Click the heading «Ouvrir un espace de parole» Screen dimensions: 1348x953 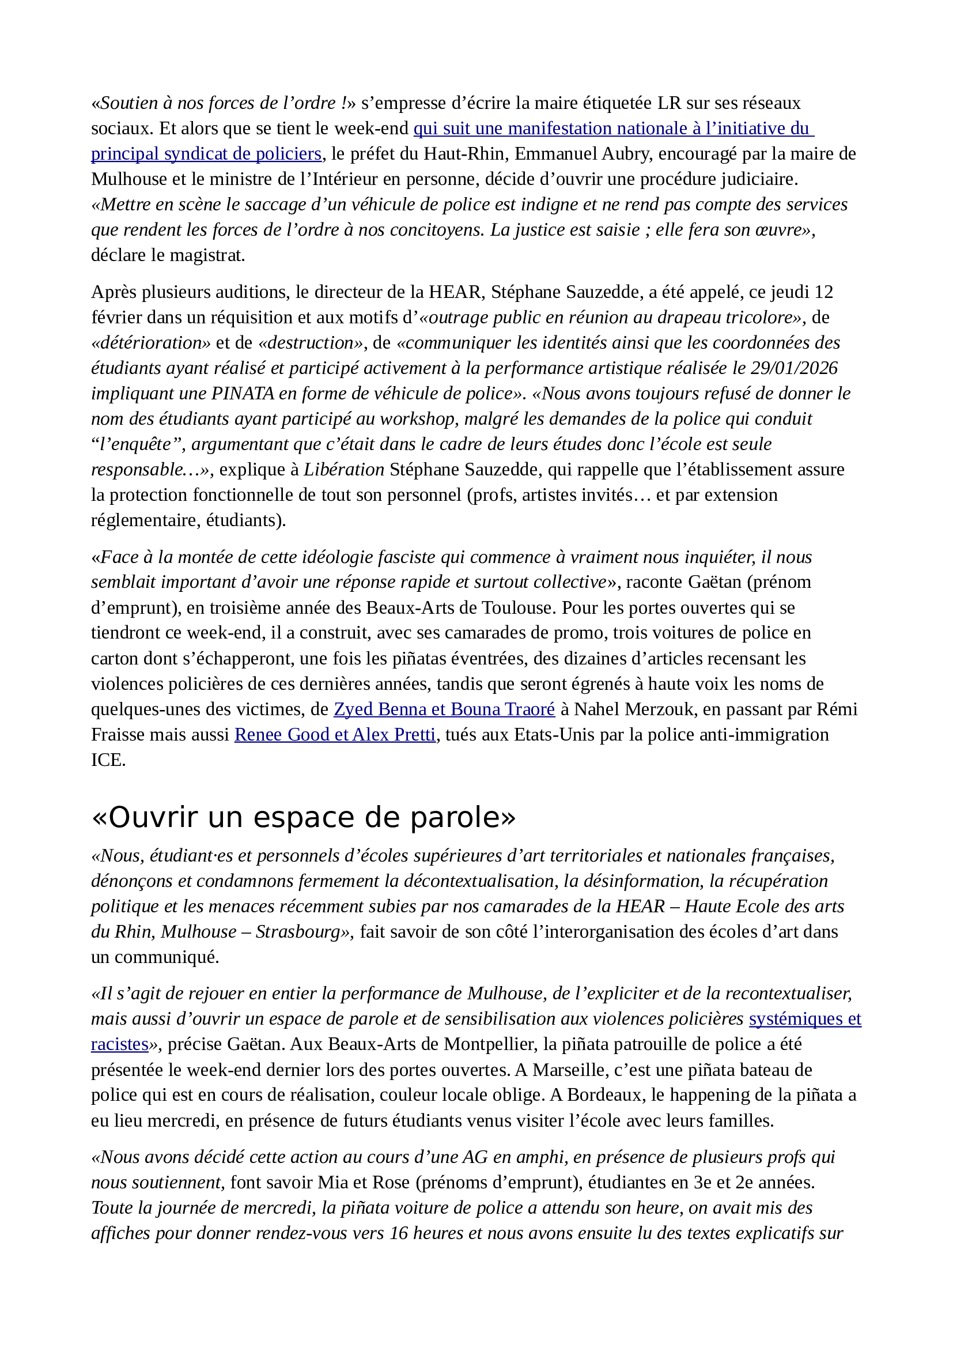(x=304, y=817)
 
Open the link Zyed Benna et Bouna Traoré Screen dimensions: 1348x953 (x=444, y=709)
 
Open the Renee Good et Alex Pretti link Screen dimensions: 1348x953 (x=335, y=734)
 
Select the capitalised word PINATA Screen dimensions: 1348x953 (x=243, y=394)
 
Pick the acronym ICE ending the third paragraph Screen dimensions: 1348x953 (x=107, y=760)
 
